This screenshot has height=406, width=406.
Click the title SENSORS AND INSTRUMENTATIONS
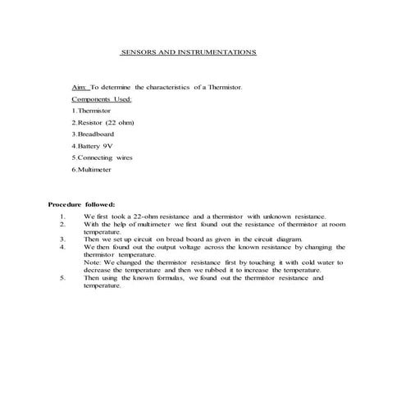pos(189,52)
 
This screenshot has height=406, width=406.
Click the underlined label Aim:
pos(80,86)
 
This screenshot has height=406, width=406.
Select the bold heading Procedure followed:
pos(81,203)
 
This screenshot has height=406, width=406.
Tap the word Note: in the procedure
pos(93,262)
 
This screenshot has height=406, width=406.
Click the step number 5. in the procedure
pos(62,277)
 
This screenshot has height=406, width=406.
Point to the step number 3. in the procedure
pos(62,239)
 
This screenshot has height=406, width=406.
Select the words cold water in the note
pos(317,262)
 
